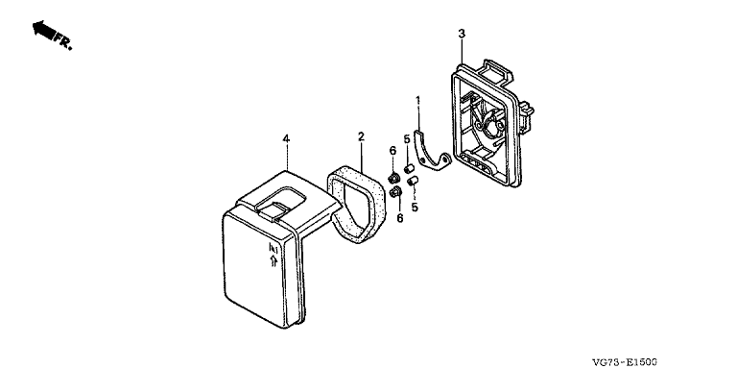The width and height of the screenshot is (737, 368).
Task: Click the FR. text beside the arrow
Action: [x=62, y=41]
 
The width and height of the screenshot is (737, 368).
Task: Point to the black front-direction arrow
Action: [x=43, y=30]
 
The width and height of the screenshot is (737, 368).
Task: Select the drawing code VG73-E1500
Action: [x=625, y=362]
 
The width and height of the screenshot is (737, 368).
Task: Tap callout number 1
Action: [x=417, y=100]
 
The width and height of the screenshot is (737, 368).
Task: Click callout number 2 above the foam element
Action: [x=361, y=136]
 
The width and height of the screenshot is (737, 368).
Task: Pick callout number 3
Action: [x=462, y=34]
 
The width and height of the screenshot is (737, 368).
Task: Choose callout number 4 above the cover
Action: [x=286, y=138]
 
